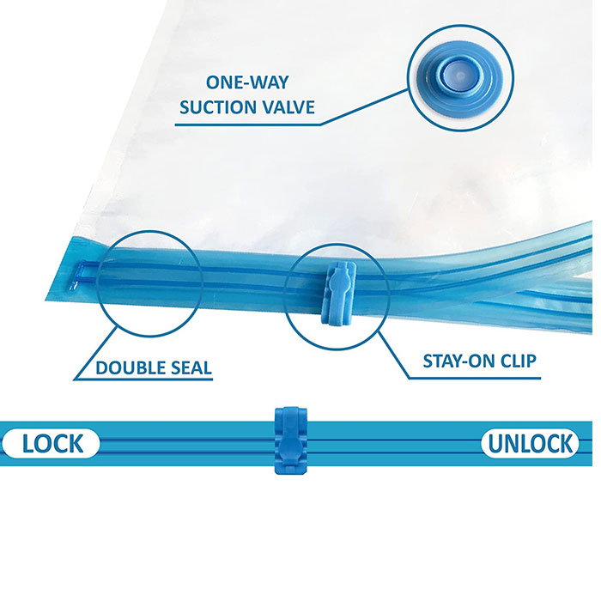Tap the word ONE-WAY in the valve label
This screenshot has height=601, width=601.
(240, 83)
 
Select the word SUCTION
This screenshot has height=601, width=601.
(213, 109)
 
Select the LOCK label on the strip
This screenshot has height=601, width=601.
(52, 443)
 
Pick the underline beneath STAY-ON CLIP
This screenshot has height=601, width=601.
(481, 378)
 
